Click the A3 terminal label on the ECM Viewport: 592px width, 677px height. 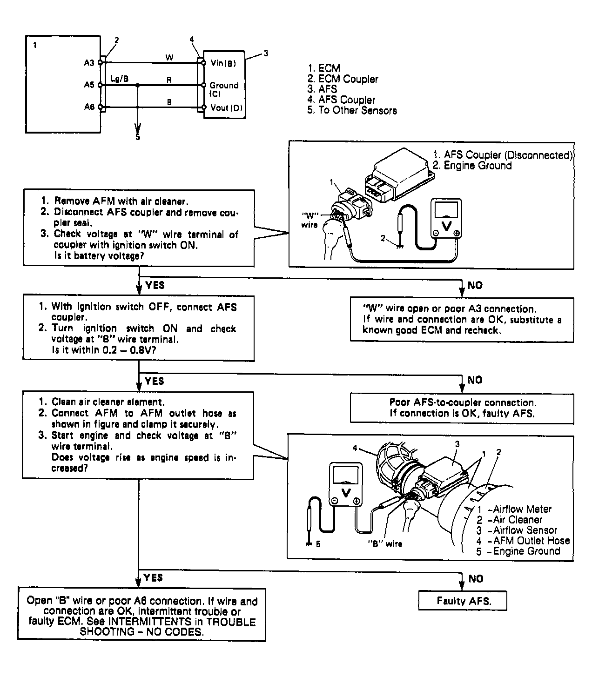pyautogui.click(x=89, y=63)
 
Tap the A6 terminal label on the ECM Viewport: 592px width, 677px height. pyautogui.click(x=89, y=107)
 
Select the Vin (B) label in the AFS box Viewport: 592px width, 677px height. pyautogui.click(x=223, y=63)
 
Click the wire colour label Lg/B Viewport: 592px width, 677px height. pyautogui.click(x=120, y=78)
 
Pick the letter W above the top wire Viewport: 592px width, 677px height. pyautogui.click(x=169, y=57)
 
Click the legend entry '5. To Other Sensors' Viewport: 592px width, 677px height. pyautogui.click(x=352, y=110)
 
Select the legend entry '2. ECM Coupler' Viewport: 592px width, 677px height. pyautogui.click(x=343, y=79)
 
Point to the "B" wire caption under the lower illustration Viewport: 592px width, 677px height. pyautogui.click(x=385, y=543)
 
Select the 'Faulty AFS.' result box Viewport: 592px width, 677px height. pyautogui.click(x=463, y=601)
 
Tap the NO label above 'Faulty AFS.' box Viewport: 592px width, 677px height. pyautogui.click(x=476, y=579)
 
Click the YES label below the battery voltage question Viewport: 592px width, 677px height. pyautogui.click(x=155, y=285)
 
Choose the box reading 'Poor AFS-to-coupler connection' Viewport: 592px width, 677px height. pyautogui.click(x=462, y=408)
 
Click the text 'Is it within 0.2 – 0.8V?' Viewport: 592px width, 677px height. pyautogui.click(x=104, y=350)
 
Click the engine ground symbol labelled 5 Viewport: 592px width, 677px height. pyautogui.click(x=308, y=543)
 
